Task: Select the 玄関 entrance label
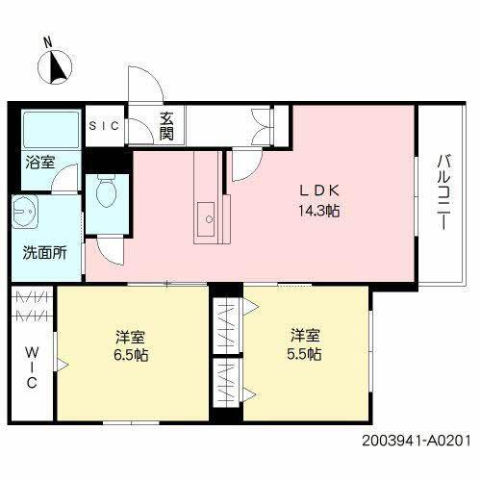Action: (x=166, y=125)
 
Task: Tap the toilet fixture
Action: (x=108, y=195)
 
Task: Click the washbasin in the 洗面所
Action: (x=24, y=214)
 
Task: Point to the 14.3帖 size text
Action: (x=318, y=209)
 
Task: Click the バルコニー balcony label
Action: (x=443, y=191)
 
